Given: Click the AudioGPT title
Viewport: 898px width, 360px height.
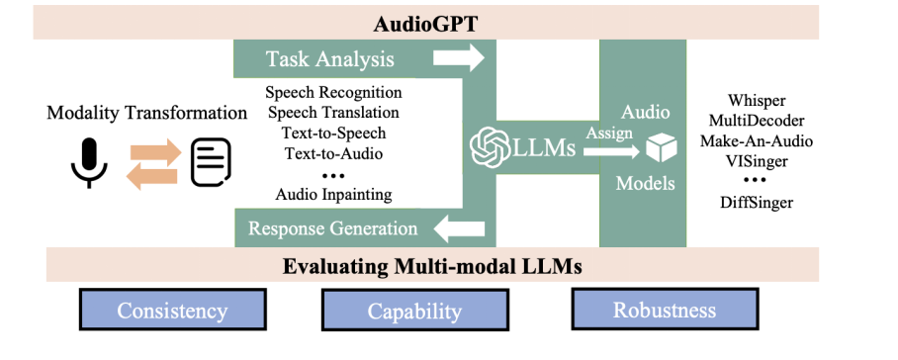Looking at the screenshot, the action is tap(425, 25).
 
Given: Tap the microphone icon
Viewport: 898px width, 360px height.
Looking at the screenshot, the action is tap(89, 162).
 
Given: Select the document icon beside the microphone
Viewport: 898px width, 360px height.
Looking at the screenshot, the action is tap(211, 162).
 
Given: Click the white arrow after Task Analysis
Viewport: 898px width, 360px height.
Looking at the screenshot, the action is tap(459, 57).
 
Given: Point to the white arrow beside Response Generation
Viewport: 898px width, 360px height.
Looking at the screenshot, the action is tap(459, 228).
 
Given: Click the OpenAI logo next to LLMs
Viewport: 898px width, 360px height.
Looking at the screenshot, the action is tap(490, 146).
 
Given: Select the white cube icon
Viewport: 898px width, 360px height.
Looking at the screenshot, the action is tap(662, 147).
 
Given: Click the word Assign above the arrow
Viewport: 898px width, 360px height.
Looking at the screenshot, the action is tap(609, 133).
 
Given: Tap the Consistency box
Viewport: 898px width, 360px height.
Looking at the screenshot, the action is tap(172, 310).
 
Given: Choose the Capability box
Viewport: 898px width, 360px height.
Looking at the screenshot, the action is tap(414, 310).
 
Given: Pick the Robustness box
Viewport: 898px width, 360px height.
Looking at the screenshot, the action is tap(665, 309).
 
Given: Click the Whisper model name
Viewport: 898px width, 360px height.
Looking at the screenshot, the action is tap(757, 101).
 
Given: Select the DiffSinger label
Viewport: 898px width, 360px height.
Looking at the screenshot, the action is tap(757, 202).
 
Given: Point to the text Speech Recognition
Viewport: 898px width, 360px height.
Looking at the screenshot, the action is tap(334, 92).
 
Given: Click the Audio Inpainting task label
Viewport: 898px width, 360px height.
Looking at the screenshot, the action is tap(334, 195).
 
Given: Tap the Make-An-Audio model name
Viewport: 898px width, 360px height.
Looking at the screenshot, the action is tap(757, 140).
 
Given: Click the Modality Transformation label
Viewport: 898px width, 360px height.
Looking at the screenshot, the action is tap(146, 112).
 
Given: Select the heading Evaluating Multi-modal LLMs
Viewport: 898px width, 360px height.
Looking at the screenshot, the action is tap(432, 267).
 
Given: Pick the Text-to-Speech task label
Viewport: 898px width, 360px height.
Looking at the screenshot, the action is tap(334, 134).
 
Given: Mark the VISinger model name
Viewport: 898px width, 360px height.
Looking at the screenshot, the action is tap(757, 161).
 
